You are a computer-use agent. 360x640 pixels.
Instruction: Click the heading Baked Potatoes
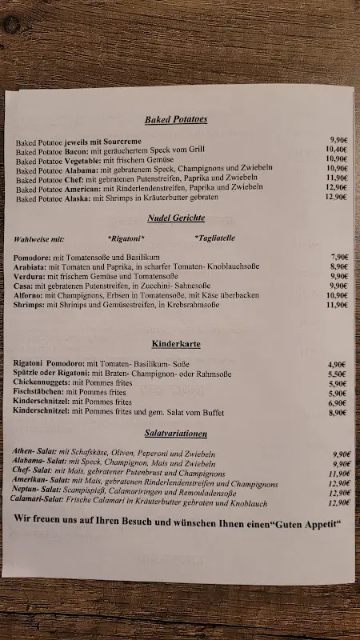coord(176,119)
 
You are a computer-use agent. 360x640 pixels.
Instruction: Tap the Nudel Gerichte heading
coord(176,218)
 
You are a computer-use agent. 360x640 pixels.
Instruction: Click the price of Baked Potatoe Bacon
coord(336,149)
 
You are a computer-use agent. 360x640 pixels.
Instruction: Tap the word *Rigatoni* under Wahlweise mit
coord(126,238)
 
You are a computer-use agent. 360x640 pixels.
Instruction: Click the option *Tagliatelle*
coord(217,238)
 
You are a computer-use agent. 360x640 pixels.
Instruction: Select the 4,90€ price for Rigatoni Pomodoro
coord(338,364)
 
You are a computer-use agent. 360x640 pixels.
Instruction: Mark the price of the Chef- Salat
coord(339,473)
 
